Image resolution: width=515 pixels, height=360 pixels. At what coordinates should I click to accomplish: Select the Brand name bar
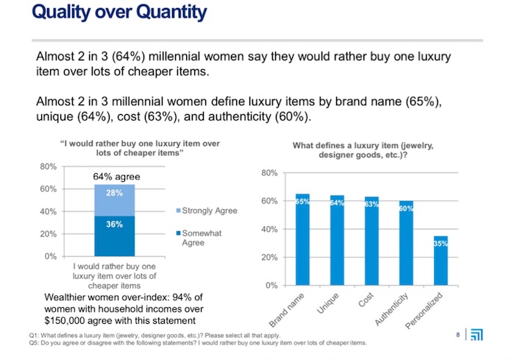tap(302, 239)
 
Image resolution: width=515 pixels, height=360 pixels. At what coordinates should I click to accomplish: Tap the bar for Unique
tap(337, 240)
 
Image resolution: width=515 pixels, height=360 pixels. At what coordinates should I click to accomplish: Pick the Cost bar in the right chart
tap(372, 241)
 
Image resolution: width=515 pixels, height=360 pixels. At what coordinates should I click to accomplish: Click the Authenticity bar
tap(406, 243)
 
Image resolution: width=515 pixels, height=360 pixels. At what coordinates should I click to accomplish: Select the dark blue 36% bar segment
tap(114, 236)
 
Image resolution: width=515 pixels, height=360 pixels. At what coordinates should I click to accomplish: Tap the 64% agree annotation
tap(116, 177)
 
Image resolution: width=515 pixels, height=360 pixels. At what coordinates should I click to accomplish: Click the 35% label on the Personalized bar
tap(441, 243)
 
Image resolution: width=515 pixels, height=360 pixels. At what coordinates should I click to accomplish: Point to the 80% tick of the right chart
tap(269, 173)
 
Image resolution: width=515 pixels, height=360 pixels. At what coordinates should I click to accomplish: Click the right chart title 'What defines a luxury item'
tap(363, 150)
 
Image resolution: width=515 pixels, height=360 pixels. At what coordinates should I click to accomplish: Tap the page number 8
tap(458, 336)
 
